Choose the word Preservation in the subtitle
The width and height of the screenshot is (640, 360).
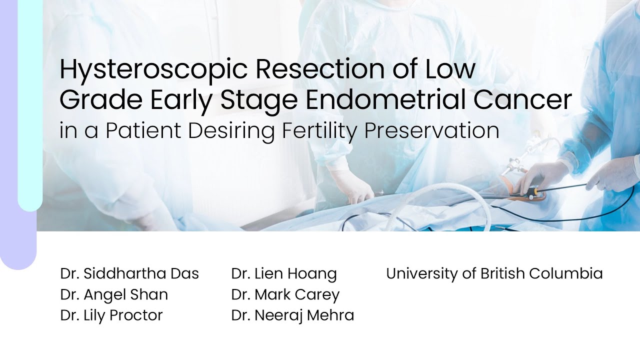point(431,130)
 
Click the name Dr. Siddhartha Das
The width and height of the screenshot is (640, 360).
point(129,273)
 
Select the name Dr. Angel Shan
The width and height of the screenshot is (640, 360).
point(114,294)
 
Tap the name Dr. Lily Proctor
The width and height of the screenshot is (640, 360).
point(111,315)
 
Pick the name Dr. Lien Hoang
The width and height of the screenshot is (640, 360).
point(284,273)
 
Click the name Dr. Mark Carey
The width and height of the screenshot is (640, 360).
point(285,294)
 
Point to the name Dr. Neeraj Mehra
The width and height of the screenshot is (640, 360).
point(292,315)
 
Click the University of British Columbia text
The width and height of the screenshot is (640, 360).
point(494,273)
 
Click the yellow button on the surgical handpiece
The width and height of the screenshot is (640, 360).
point(536,190)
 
